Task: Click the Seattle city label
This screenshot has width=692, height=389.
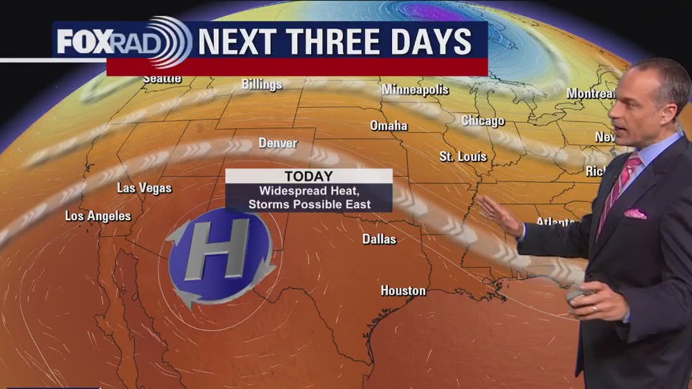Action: click(x=162, y=79)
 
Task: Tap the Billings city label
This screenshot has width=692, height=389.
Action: click(x=261, y=84)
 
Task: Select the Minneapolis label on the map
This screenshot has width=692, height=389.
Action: click(x=415, y=90)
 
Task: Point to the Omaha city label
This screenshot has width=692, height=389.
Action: click(x=388, y=125)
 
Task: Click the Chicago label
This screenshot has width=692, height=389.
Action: click(x=483, y=120)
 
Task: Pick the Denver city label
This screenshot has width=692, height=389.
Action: click(x=278, y=143)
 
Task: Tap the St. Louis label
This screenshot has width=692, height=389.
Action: click(x=463, y=156)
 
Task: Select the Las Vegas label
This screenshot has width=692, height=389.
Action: click(x=144, y=188)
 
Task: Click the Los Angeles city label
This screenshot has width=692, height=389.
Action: click(x=98, y=216)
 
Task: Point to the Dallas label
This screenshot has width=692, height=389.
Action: click(x=380, y=239)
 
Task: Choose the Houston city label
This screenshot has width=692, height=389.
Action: click(x=403, y=290)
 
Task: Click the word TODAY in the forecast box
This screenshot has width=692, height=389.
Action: click(x=309, y=176)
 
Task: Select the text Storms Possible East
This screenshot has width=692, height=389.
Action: click(x=309, y=204)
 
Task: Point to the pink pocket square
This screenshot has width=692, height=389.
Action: click(x=635, y=214)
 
